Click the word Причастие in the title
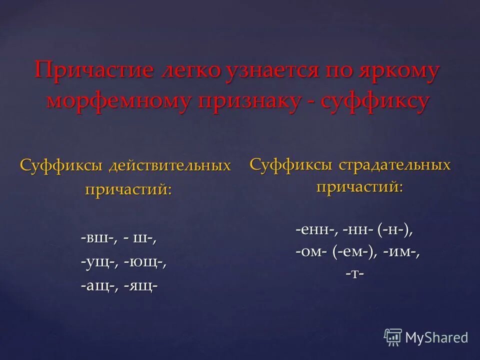(94, 71)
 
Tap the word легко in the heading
(191, 71)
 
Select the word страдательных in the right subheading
(395, 164)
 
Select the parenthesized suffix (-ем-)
(354, 252)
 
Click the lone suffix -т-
(354, 274)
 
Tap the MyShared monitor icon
(393, 337)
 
